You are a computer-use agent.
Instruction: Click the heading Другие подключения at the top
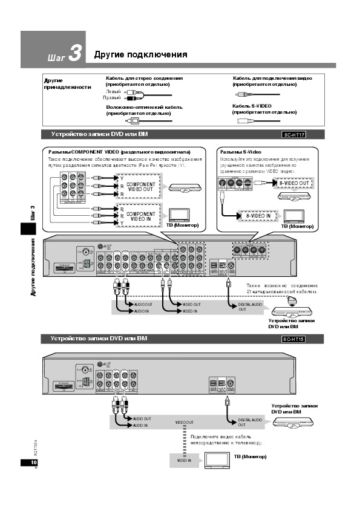(x=140, y=55)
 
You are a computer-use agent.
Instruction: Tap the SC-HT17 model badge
(x=294, y=134)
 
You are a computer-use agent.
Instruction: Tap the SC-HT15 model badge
(x=294, y=340)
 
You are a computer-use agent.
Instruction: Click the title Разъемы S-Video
(x=241, y=151)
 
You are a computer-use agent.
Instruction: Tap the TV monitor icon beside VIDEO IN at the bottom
(x=215, y=460)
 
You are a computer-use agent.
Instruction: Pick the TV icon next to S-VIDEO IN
(x=295, y=215)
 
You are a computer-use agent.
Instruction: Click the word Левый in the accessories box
(x=113, y=91)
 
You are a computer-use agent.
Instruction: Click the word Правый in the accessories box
(x=112, y=97)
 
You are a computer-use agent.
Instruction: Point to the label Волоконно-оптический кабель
(x=144, y=107)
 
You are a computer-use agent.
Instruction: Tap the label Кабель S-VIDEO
(x=252, y=106)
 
